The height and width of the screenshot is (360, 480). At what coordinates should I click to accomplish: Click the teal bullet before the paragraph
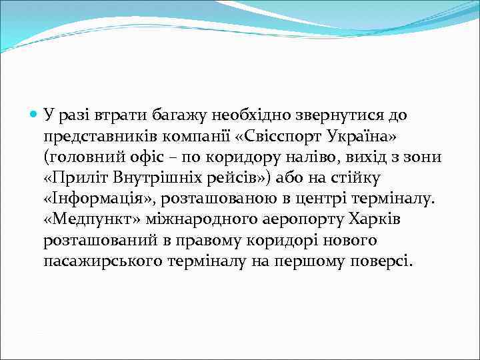(x=34, y=115)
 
